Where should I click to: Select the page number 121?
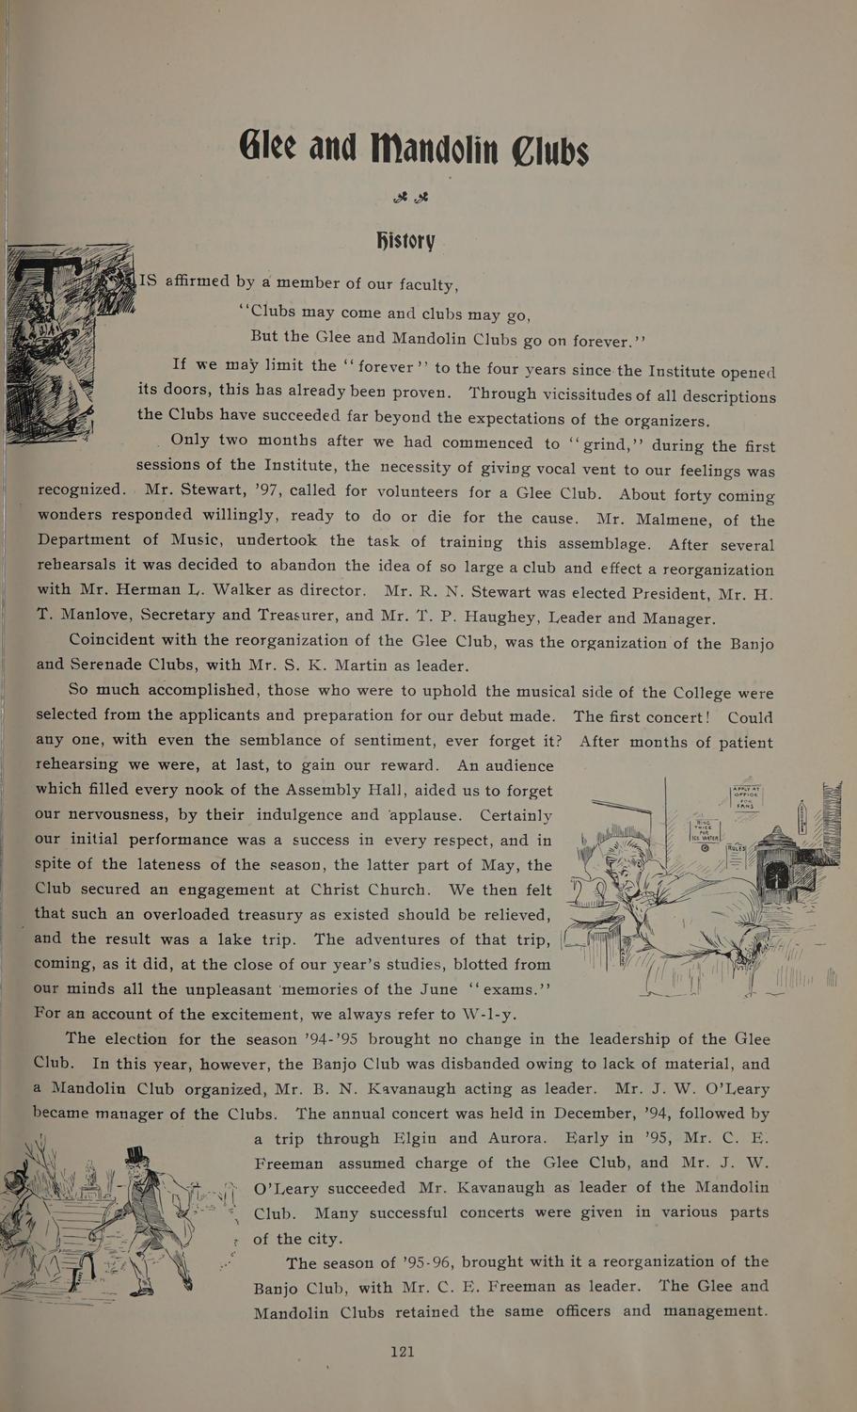click(x=402, y=1351)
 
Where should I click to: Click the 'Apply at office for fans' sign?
click(x=745, y=797)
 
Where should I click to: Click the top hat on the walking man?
click(x=137, y=1157)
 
